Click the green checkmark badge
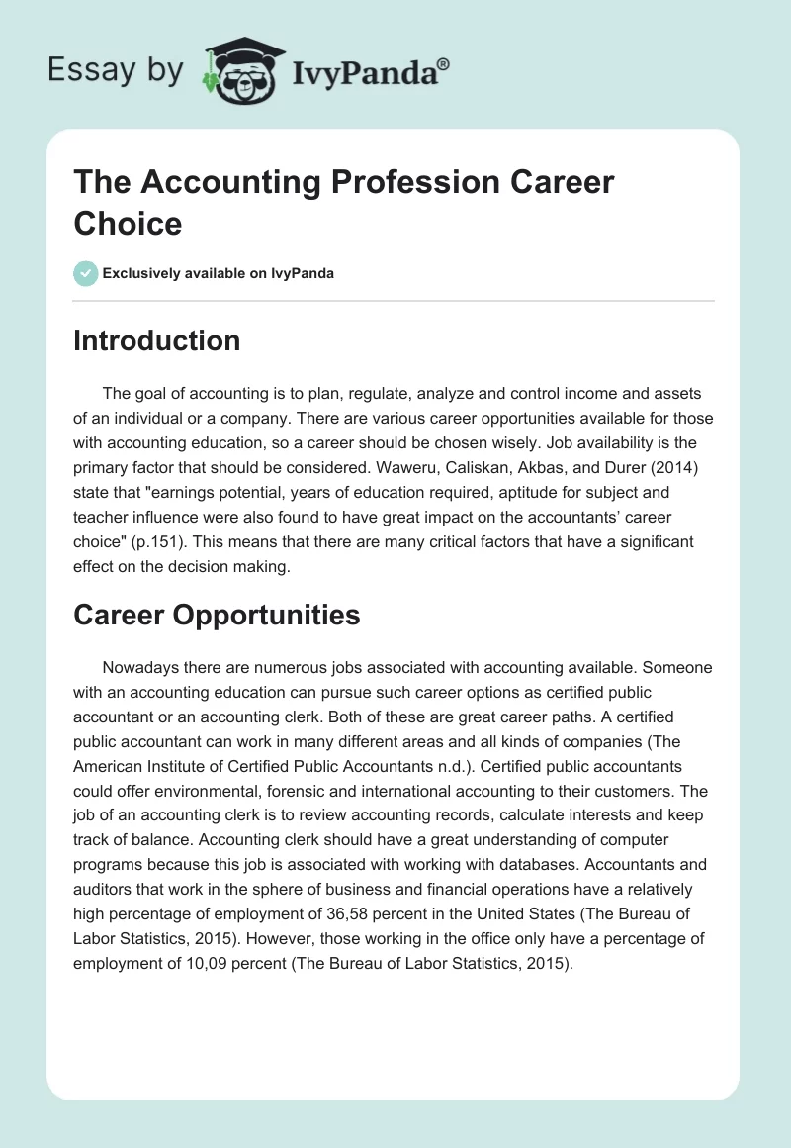(85, 273)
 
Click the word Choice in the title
(129, 223)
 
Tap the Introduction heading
(157, 340)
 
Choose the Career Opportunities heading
(217, 615)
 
